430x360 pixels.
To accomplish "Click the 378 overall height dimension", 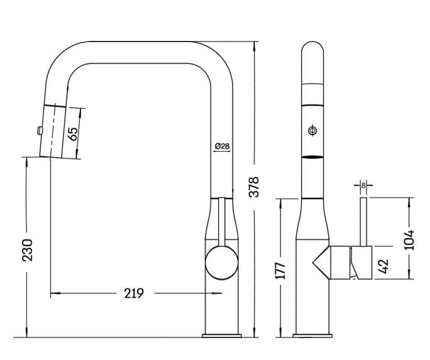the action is [254, 187].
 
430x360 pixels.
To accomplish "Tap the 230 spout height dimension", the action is [27, 250].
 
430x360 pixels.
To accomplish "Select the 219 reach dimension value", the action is [134, 293].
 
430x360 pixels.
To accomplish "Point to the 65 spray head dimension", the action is [73, 133].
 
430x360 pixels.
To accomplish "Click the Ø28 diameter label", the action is [222, 146].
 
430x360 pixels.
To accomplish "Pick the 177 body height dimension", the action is [280, 271].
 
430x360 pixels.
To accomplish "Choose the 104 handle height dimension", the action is [409, 240].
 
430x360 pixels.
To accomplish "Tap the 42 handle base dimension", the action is [383, 266].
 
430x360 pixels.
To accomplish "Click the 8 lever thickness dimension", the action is [363, 186].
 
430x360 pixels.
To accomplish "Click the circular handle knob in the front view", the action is [221, 263].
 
